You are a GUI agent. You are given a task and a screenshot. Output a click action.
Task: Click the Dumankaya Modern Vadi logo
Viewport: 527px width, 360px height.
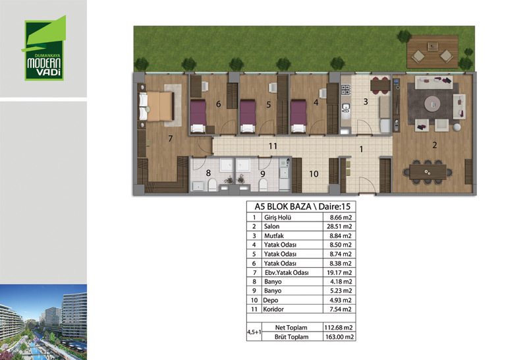click(x=44, y=48)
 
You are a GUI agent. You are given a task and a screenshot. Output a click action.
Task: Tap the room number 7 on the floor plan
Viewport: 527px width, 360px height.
click(x=171, y=138)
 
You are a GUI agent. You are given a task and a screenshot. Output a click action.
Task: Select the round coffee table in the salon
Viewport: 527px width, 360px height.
click(x=432, y=104)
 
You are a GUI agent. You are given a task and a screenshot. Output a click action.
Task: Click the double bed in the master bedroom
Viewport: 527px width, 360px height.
click(x=157, y=106)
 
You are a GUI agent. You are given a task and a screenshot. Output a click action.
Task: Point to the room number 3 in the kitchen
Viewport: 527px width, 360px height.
click(x=366, y=102)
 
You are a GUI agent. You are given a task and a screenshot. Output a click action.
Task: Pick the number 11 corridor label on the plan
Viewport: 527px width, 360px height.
click(x=273, y=146)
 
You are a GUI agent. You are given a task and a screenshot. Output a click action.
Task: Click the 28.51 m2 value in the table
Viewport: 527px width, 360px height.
click(x=339, y=226)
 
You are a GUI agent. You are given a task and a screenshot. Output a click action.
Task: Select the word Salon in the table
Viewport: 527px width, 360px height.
click(x=271, y=226)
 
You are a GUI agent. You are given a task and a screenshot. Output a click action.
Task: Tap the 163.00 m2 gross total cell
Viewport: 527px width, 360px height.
click(x=339, y=337)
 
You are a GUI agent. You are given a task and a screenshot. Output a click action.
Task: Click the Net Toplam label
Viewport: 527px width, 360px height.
click(x=291, y=328)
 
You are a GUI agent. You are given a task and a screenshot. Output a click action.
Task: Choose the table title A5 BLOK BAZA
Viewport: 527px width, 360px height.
click(x=283, y=206)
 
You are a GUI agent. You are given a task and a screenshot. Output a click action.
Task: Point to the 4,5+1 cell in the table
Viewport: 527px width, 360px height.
click(x=254, y=332)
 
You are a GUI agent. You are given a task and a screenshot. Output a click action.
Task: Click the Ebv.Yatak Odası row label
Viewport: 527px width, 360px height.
click(x=287, y=272)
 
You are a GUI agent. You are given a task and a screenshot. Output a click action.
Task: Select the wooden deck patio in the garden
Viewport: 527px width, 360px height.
click(x=432, y=52)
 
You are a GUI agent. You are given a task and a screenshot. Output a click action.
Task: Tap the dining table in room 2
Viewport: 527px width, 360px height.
click(x=428, y=172)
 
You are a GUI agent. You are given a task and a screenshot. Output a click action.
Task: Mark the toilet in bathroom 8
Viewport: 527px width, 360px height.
click(x=212, y=185)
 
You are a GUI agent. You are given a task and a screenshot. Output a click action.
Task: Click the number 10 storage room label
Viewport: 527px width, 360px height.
click(x=314, y=174)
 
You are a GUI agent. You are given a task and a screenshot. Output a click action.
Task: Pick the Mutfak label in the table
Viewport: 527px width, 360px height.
click(x=273, y=236)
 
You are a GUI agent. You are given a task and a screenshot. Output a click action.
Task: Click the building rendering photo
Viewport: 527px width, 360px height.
click(x=43, y=322)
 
